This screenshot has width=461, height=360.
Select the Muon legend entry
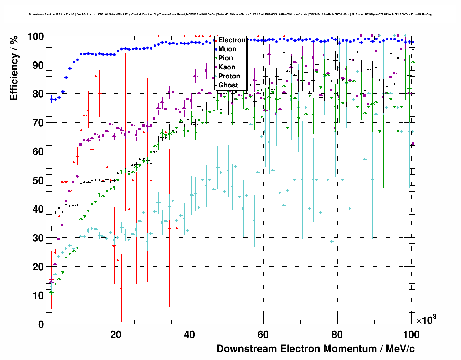pyautogui.click(x=227, y=49)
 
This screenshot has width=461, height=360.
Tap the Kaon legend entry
pyautogui.click(x=227, y=67)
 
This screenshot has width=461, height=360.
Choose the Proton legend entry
pyautogui.click(x=229, y=76)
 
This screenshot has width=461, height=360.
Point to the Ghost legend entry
pyautogui.click(x=228, y=85)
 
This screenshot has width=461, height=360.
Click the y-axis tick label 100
pyautogui.click(x=35, y=37)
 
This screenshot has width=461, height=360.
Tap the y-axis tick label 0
pyautogui.click(x=41, y=324)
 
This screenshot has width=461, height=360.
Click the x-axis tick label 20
pyautogui.click(x=116, y=335)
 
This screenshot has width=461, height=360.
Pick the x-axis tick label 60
pyautogui.click(x=263, y=335)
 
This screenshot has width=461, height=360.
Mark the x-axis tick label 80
pyautogui.click(x=337, y=335)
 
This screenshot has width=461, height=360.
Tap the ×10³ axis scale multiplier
pyautogui.click(x=426, y=320)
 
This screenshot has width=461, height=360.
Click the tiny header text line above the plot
pyautogui.click(x=230, y=14)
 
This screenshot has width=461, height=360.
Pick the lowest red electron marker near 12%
pyautogui.click(x=121, y=288)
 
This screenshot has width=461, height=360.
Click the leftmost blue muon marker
pyautogui.click(x=51, y=99)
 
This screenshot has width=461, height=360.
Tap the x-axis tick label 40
pyautogui.click(x=190, y=335)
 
